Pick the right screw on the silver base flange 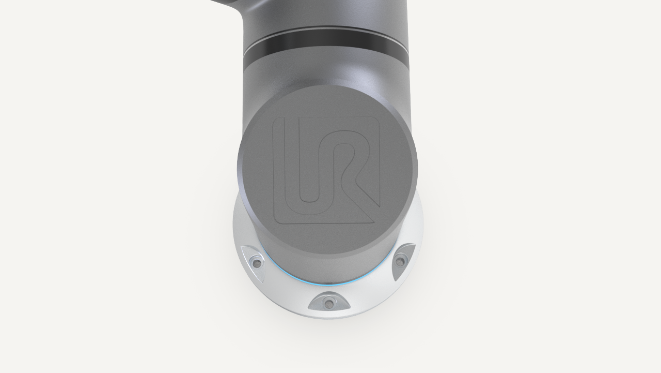400,261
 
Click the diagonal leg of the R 367,192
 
